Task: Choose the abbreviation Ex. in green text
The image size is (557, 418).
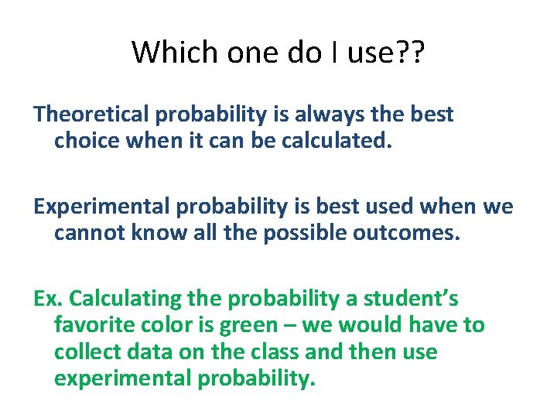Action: tap(47, 298)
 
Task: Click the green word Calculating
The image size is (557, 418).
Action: tap(118, 298)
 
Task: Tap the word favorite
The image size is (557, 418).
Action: tap(91, 325)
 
